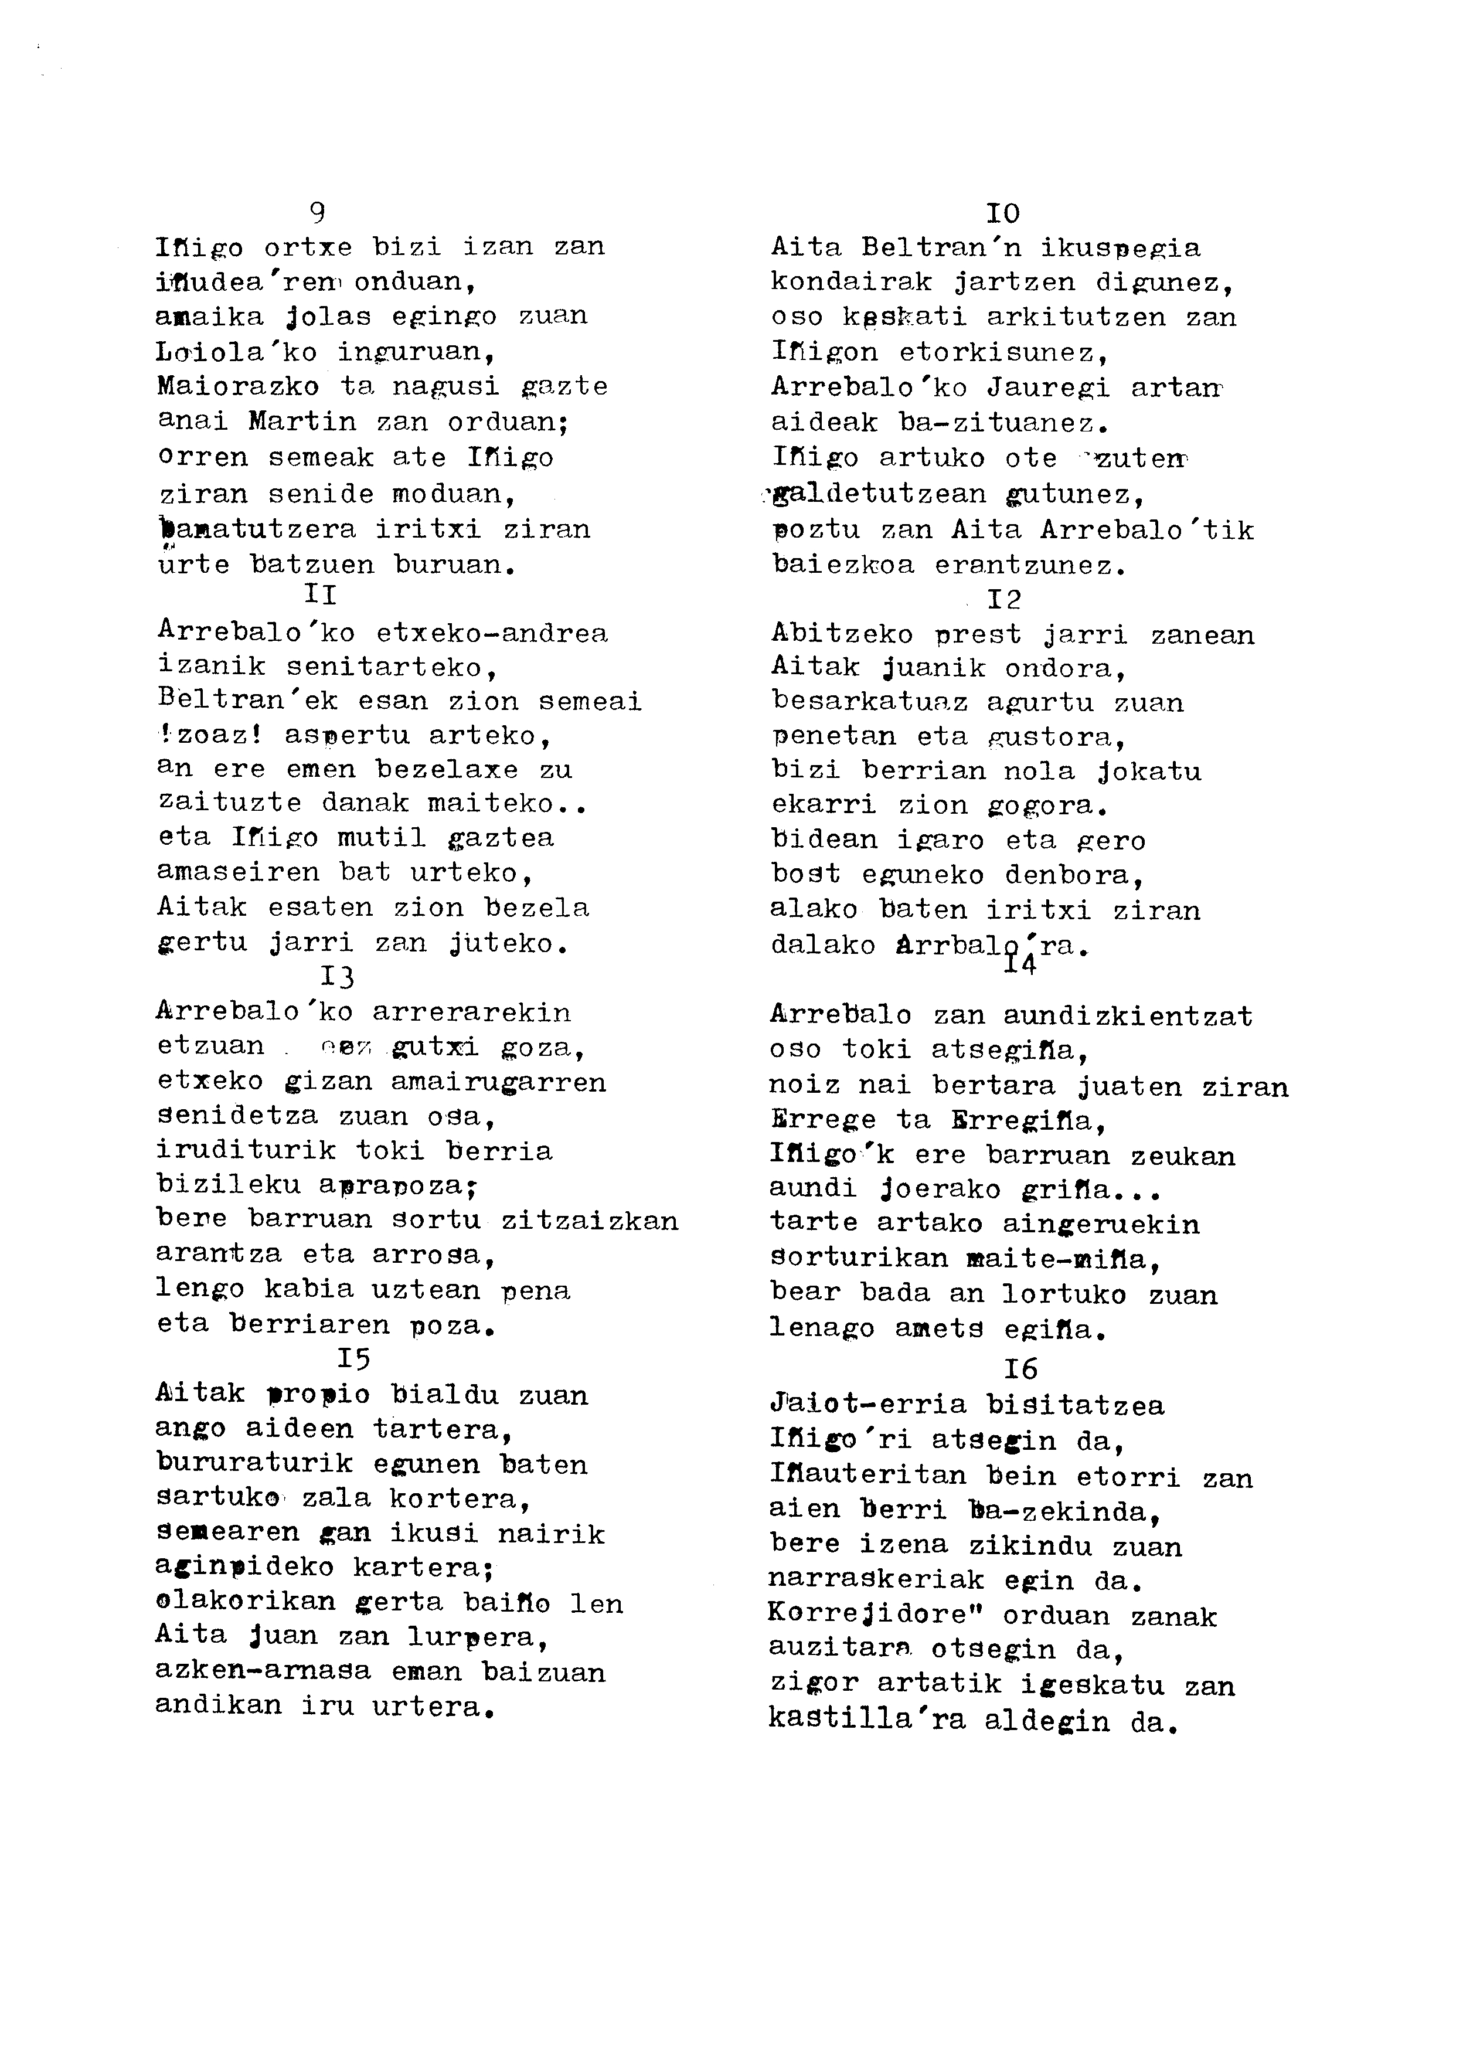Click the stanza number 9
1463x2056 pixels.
(x=317, y=213)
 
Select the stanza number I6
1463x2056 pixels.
(x=1020, y=1369)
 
